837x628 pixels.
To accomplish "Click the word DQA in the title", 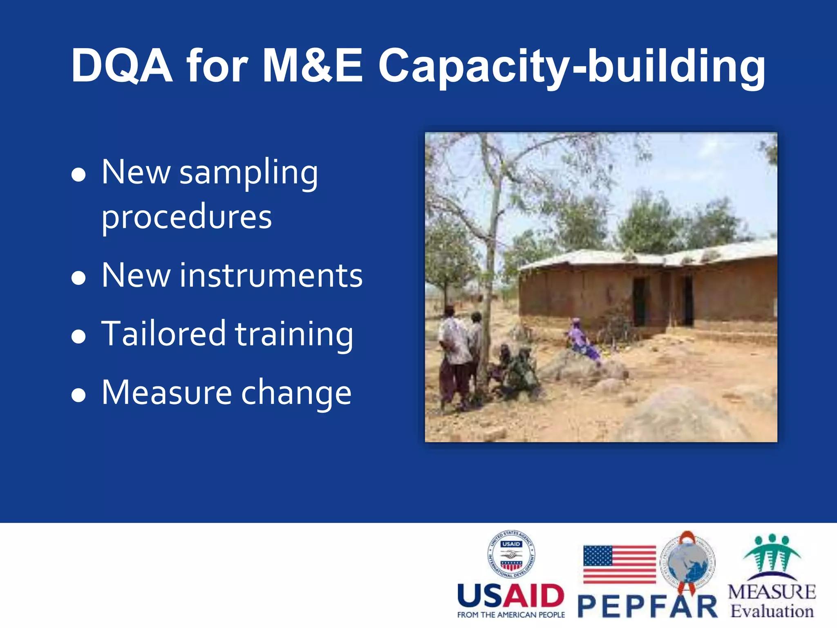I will [x=121, y=65].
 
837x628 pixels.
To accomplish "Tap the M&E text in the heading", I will [x=312, y=65].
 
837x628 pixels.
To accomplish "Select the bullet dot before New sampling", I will [x=78, y=175].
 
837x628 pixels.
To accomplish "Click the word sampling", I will [x=248, y=173].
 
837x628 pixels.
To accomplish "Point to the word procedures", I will [x=186, y=218].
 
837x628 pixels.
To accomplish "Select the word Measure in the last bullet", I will [x=167, y=392].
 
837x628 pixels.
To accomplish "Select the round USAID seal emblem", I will [x=511, y=554].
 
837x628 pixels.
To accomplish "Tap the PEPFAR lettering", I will [x=648, y=607].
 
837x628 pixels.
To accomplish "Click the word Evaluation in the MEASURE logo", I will [x=772, y=611].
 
